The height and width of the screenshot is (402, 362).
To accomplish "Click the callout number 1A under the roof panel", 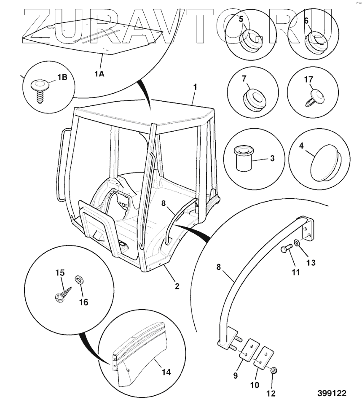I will click(99, 74).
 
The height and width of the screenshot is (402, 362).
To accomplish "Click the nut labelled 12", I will click(273, 370).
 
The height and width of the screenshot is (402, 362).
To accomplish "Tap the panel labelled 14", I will click(139, 359).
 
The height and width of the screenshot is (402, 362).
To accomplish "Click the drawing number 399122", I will click(332, 393).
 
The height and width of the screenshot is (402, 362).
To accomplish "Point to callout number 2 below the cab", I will click(177, 286).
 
